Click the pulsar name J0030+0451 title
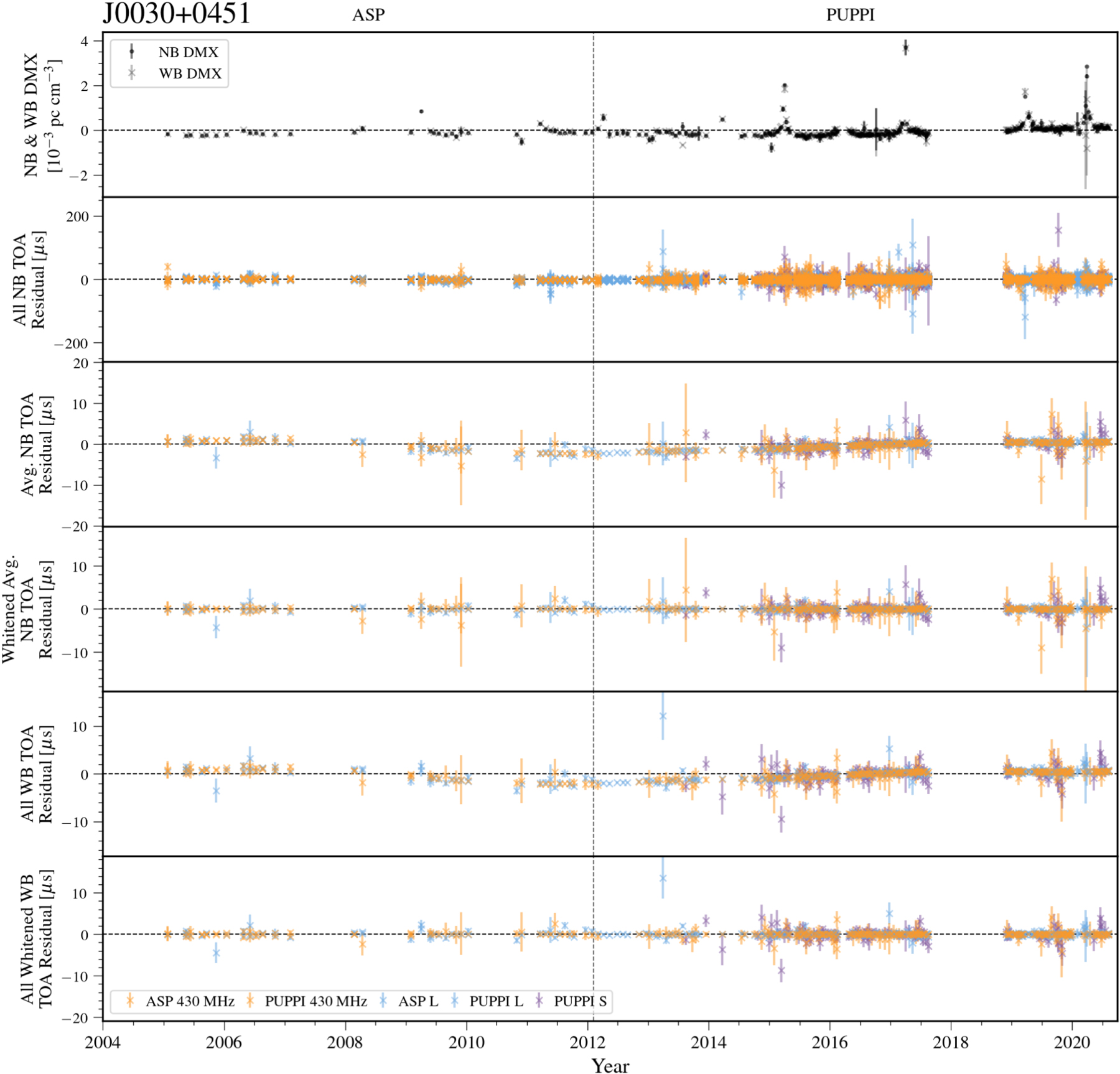(176, 14)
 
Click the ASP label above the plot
(368, 15)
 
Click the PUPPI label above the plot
(850, 15)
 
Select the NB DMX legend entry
(188, 52)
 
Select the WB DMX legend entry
(190, 73)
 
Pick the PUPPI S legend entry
(579, 1001)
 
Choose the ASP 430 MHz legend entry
(190, 1001)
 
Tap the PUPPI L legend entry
(496, 1001)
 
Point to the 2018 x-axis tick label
(950, 1042)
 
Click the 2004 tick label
(103, 1042)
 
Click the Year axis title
(610, 1065)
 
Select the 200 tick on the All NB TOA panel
(77, 217)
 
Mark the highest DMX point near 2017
(905, 47)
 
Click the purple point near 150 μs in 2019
(1058, 230)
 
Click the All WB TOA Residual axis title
(36, 773)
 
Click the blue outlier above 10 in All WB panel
(663, 716)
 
